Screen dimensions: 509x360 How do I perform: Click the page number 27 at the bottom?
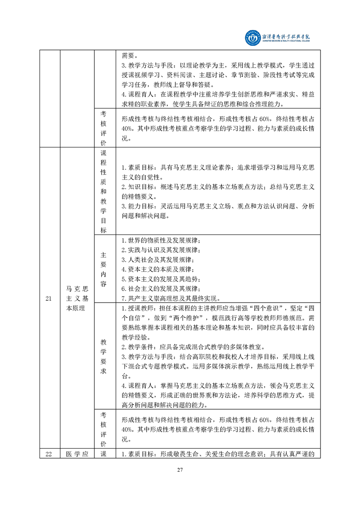[180, 470]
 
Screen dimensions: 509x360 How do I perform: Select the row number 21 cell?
[49, 299]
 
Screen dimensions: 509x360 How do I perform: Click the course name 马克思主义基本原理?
[77, 298]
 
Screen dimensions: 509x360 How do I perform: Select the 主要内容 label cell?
[104, 269]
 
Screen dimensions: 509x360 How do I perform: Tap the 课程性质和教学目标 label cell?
[104, 191]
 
